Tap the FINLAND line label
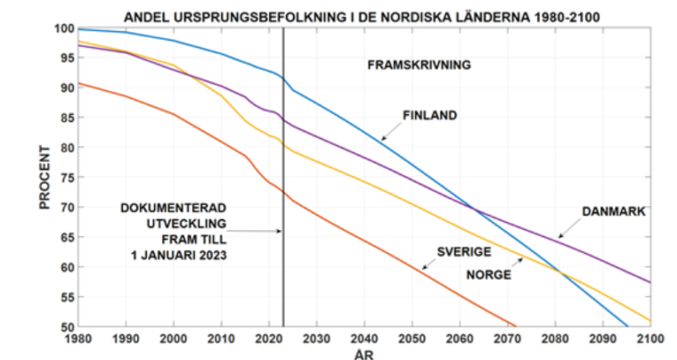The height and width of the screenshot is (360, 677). pyautogui.click(x=429, y=115)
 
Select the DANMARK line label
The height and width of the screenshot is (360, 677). pyautogui.click(x=613, y=212)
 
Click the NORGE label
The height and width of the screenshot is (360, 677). pyautogui.click(x=489, y=274)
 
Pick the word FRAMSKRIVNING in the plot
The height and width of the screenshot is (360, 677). pyautogui.click(x=419, y=65)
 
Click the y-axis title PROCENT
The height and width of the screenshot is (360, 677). pyautogui.click(x=45, y=177)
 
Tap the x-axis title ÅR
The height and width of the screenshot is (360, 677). pyautogui.click(x=363, y=353)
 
